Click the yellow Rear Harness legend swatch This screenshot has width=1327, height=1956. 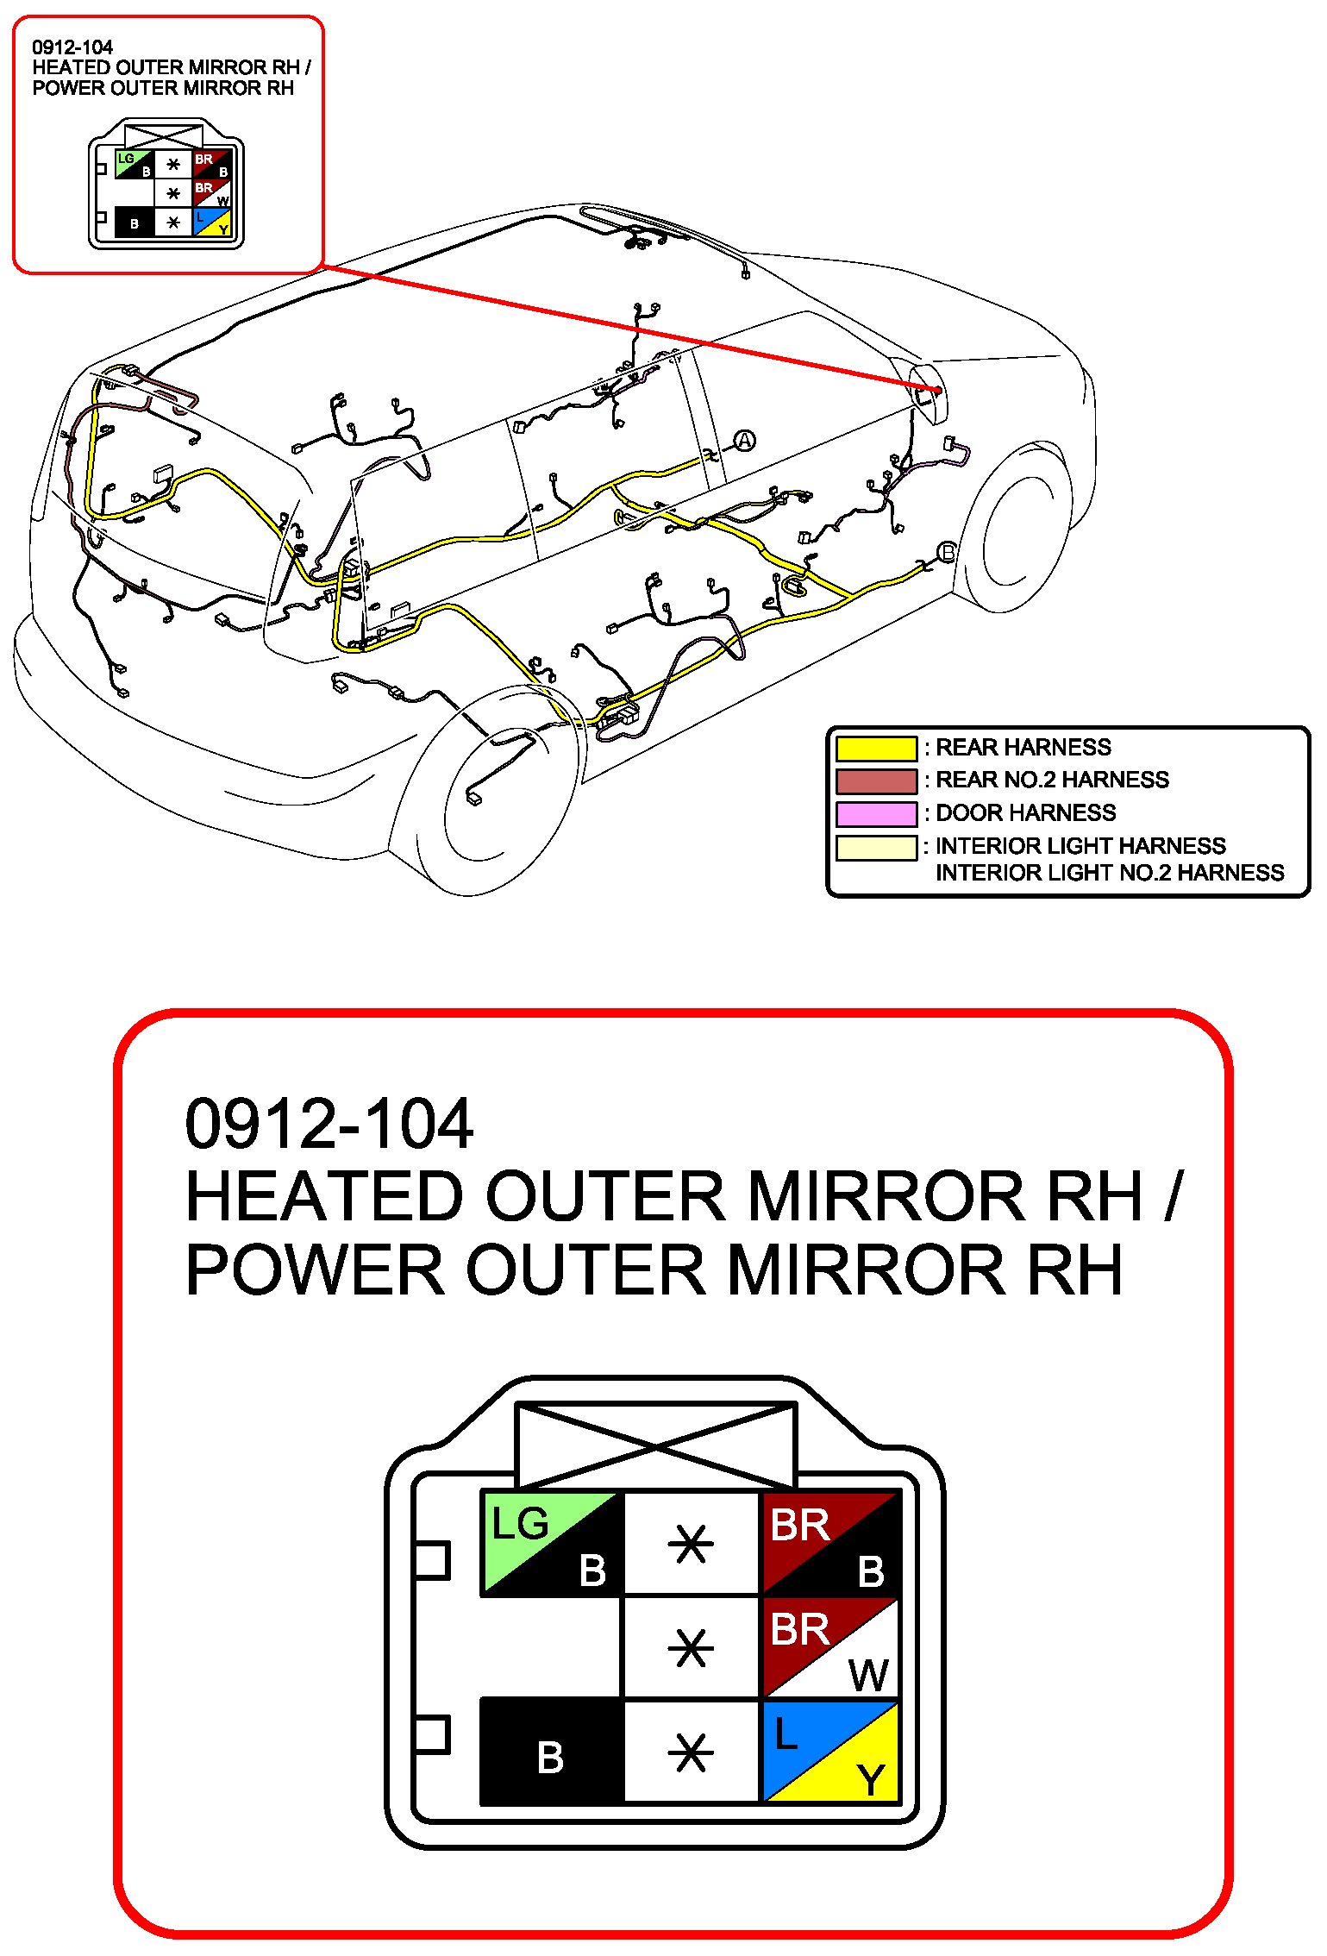tap(875, 748)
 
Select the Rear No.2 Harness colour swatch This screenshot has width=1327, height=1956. tap(875, 781)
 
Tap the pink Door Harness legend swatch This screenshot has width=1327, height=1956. tap(875, 813)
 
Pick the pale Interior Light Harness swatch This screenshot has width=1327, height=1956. tap(875, 847)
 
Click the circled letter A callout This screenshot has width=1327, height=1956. tap(744, 442)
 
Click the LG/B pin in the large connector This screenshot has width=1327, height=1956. tap(552, 1543)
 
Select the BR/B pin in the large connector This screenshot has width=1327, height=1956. tap(830, 1543)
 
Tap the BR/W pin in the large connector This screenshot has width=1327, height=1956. tap(830, 1647)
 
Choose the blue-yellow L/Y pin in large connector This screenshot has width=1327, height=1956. tap(830, 1751)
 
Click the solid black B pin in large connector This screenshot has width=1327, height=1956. tap(551, 1751)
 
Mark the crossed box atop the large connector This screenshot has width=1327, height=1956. tap(655, 1445)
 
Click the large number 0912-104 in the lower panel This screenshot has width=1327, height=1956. tap(329, 1125)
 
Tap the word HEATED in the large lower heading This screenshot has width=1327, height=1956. tap(325, 1197)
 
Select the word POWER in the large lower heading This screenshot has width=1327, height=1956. tap(315, 1270)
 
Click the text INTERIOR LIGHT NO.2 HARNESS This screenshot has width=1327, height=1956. tap(1109, 874)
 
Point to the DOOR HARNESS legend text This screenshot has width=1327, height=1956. tap(1025, 813)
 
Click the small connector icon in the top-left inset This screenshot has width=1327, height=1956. tap(166, 185)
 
